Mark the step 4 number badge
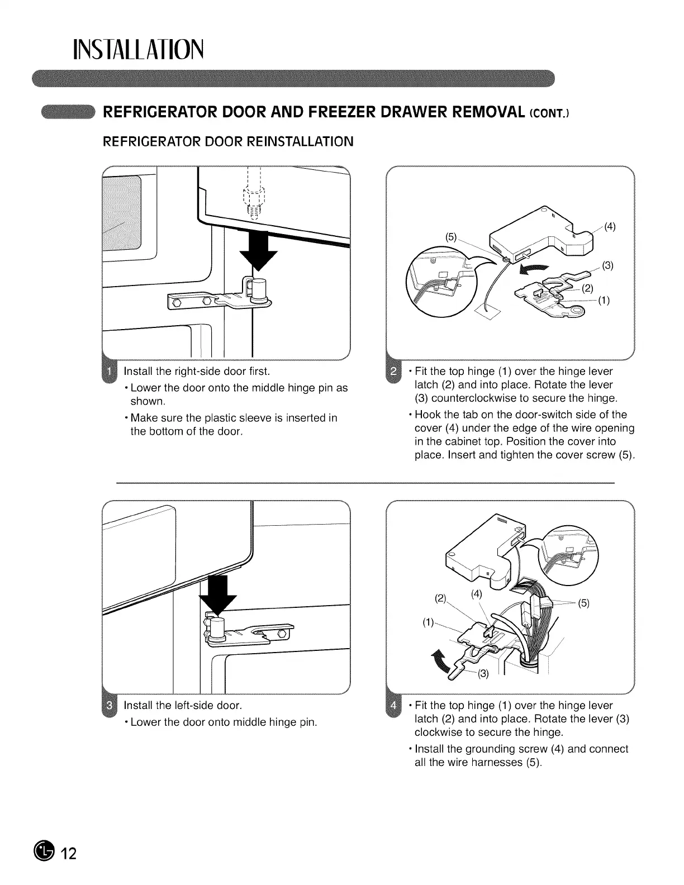click(x=393, y=705)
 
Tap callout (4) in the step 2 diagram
click(x=610, y=226)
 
